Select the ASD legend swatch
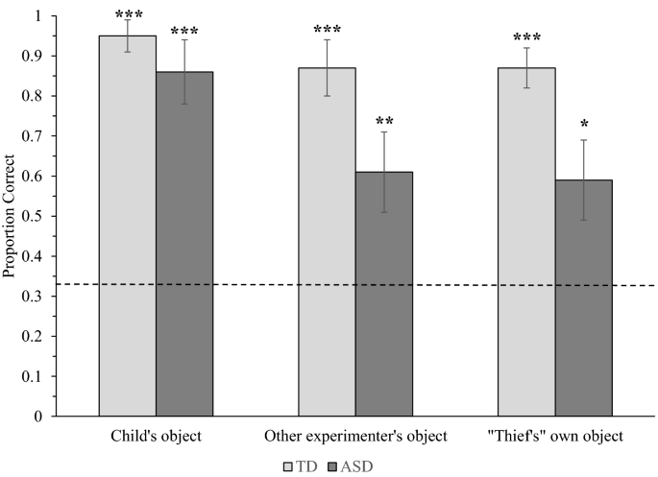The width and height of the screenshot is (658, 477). (331, 465)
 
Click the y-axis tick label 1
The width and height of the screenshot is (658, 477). (37, 16)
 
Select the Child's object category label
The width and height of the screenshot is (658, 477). (157, 437)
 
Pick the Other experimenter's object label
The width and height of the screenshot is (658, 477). (356, 437)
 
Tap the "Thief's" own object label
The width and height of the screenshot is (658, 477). (554, 437)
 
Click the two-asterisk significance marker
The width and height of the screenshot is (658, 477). (384, 122)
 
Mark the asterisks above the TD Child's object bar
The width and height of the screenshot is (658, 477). (128, 15)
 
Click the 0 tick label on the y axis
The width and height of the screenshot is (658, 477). (37, 417)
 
